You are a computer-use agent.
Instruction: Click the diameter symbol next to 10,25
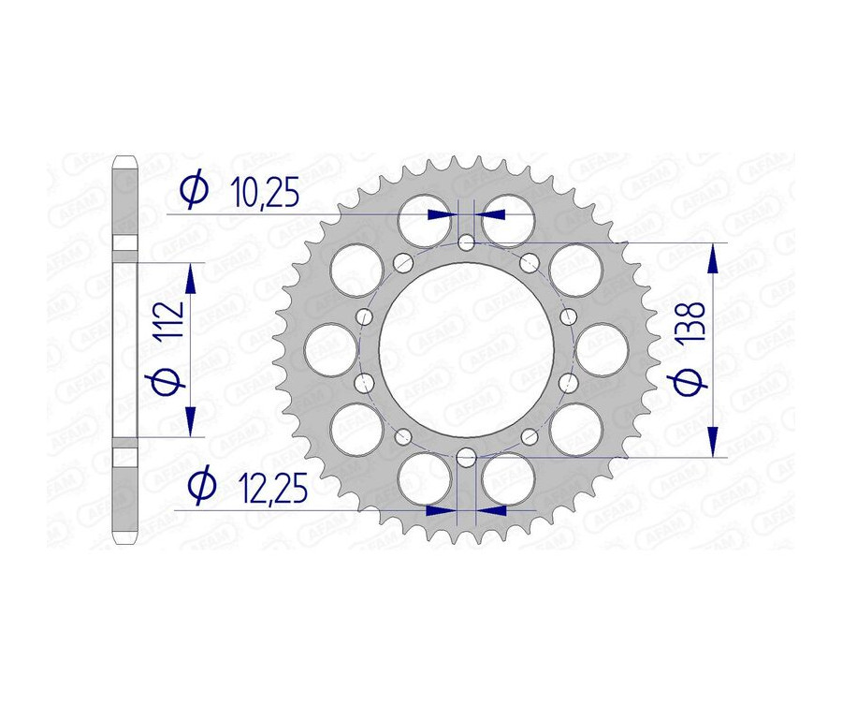[x=193, y=191]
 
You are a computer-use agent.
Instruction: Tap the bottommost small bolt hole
[x=466, y=457]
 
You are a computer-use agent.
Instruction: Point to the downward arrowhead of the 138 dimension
[x=714, y=444]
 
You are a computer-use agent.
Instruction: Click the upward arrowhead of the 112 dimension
[x=192, y=274]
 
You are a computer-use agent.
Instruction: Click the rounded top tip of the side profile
[x=124, y=158]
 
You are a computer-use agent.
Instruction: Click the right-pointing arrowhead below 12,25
[x=439, y=511]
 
